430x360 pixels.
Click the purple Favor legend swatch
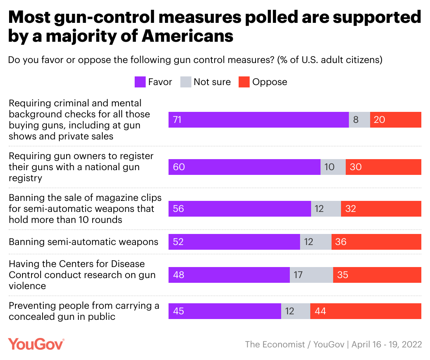140,82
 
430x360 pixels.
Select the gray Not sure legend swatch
186,82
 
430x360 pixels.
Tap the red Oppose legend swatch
244,82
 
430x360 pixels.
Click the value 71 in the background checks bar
177,120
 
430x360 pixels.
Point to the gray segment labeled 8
359,120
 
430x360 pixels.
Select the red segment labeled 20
395,120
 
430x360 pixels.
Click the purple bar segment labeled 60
244,167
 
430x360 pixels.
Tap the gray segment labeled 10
333,167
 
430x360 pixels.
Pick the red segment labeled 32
381,208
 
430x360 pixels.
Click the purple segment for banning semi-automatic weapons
234,241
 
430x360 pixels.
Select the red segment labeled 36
376,241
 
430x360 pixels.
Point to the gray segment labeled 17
311,275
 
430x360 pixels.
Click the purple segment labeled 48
229,275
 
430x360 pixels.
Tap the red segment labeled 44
365,311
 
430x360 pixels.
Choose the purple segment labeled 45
224,311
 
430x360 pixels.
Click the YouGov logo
36,343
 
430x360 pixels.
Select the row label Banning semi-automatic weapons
83,241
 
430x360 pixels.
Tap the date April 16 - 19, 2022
386,344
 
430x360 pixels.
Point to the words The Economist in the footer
275,344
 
